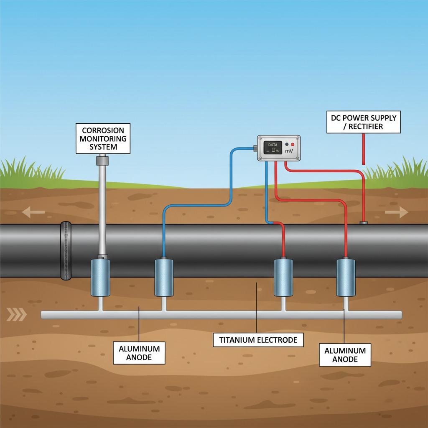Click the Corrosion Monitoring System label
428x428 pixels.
pos(103,138)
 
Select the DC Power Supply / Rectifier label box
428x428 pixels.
pos(363,122)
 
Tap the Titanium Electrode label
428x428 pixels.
pos(258,340)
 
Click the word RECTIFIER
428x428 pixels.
pos(367,126)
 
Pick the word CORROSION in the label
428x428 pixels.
pos(103,130)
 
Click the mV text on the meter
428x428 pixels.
pos(289,150)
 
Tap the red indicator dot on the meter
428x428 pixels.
pos(292,144)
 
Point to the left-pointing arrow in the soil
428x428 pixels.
pos(33,212)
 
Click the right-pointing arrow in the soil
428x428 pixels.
pos(396,212)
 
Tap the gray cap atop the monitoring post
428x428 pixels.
pos(102,160)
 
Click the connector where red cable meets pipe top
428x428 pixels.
pos(364,223)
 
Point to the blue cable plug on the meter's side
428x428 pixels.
pos(255,148)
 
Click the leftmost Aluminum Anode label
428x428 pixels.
pos(139,353)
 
